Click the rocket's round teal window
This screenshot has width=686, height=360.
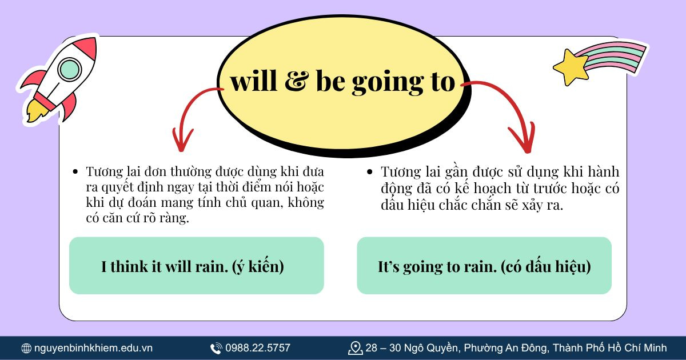(x=69, y=69)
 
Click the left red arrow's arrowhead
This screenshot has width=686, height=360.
(x=182, y=142)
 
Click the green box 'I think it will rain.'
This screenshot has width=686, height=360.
(x=196, y=266)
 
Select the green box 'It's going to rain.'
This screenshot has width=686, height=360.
(x=484, y=266)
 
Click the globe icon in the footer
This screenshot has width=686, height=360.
(x=26, y=348)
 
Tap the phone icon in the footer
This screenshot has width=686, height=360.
(x=216, y=348)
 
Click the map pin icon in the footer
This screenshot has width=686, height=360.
(x=355, y=347)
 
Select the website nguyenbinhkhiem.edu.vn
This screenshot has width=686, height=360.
(x=93, y=348)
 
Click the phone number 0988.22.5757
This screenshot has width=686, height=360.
(x=258, y=348)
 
